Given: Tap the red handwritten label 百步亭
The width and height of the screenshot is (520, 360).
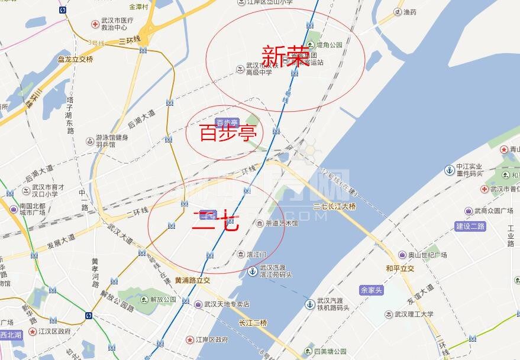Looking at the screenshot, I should [x=224, y=134].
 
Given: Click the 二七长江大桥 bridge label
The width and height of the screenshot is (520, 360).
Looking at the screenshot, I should [x=335, y=206].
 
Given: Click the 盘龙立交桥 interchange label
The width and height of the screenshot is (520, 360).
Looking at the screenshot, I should [x=75, y=59].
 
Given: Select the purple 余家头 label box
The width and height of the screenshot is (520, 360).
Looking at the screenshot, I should [x=372, y=290].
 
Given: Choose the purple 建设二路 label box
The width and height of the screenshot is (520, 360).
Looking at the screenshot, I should [x=470, y=226].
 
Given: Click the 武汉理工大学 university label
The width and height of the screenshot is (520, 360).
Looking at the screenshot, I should [x=414, y=314].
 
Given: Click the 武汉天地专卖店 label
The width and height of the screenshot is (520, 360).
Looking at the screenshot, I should [x=227, y=304].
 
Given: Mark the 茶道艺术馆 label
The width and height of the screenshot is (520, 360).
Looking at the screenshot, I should [x=282, y=223].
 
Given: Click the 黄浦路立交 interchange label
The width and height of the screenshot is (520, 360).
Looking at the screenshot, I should [x=193, y=280].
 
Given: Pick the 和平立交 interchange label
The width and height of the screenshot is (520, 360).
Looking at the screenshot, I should [x=401, y=268].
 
